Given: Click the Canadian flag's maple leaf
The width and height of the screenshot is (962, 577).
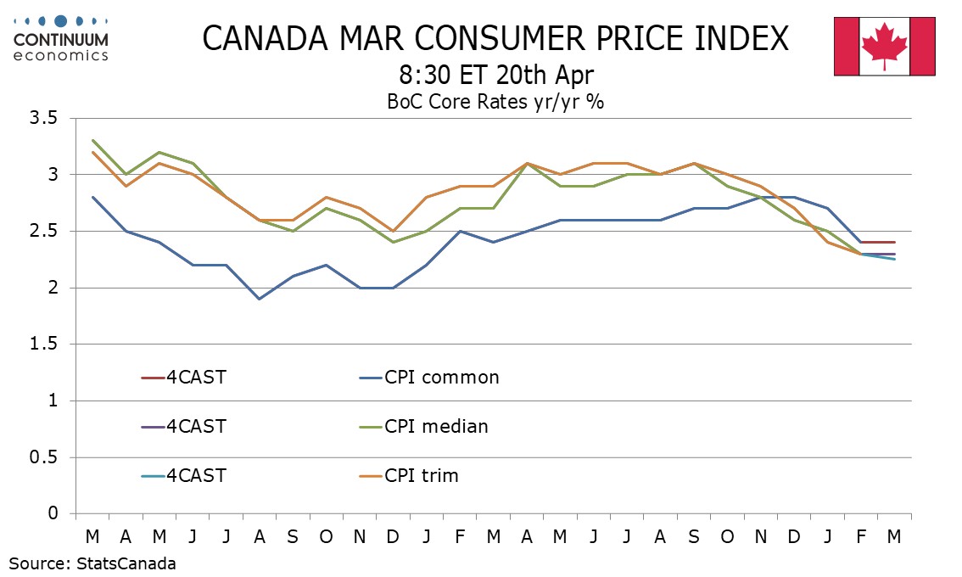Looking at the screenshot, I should (885, 48).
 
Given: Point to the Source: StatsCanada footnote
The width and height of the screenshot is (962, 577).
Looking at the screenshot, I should (92, 563).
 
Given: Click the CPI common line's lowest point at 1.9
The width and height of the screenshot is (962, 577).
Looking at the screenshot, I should (260, 299).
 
